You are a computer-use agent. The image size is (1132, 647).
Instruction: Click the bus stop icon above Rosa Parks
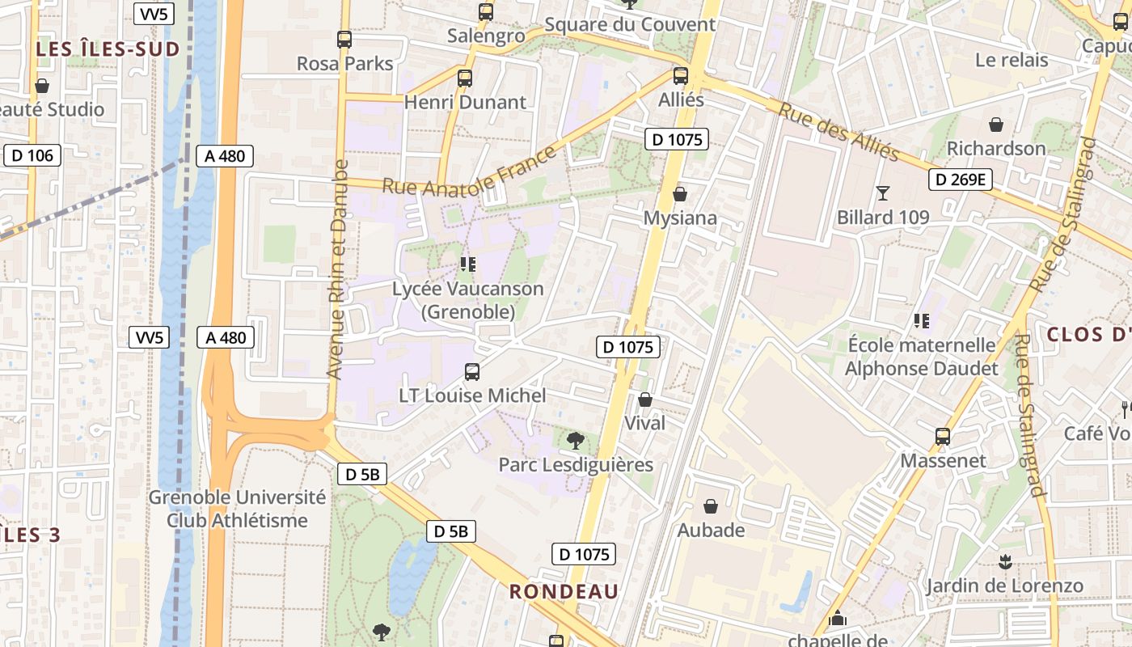pyautogui.click(x=344, y=39)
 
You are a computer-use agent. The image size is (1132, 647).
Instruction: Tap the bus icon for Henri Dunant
pyautogui.click(x=465, y=78)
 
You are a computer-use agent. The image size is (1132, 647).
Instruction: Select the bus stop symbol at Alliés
pyautogui.click(x=681, y=76)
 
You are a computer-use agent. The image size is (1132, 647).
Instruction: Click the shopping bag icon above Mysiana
pyautogui.click(x=680, y=194)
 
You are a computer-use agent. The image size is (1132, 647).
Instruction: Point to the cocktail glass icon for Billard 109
pyautogui.click(x=882, y=193)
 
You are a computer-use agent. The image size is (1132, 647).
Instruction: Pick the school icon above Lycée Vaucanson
pyautogui.click(x=467, y=264)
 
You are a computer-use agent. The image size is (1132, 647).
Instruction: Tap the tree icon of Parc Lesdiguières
pyautogui.click(x=576, y=441)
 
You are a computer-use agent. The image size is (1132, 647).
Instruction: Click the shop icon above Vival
pyautogui.click(x=645, y=400)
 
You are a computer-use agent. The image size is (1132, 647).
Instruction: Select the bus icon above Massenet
pyautogui.click(x=943, y=437)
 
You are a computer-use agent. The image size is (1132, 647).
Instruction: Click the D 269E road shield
pyautogui.click(x=960, y=180)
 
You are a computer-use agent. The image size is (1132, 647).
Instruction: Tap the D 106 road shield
pyautogui.click(x=32, y=155)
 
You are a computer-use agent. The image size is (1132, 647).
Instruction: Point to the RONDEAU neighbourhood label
pyautogui.click(x=564, y=591)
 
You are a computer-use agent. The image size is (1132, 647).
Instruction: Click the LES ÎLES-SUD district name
pyautogui.click(x=108, y=49)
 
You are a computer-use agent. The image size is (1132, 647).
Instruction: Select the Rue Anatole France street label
pyautogui.click(x=470, y=171)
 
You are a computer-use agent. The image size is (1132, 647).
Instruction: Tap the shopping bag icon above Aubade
pyautogui.click(x=711, y=506)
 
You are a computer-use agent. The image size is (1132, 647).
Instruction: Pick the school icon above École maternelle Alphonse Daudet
pyautogui.click(x=921, y=321)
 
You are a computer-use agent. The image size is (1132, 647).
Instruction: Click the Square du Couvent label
pyautogui.click(x=630, y=24)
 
